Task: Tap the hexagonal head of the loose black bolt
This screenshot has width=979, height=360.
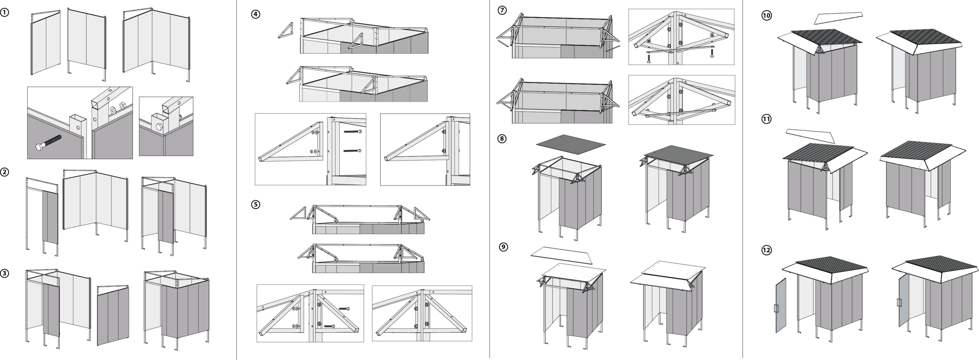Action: [x=39, y=147]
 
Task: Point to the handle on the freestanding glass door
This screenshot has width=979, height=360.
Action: [x=777, y=309]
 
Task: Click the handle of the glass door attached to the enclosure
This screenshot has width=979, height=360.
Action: [x=901, y=303]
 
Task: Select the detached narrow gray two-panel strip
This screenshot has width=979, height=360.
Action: [x=50, y=217]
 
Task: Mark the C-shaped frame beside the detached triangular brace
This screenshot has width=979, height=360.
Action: [x=345, y=151]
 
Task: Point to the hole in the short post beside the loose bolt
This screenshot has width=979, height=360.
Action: [x=78, y=127]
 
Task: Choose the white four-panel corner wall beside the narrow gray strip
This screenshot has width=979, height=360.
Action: [x=95, y=201]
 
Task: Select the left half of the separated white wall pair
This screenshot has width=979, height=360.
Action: [x=46, y=43]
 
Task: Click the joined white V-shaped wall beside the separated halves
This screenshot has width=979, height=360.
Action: [x=157, y=41]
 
